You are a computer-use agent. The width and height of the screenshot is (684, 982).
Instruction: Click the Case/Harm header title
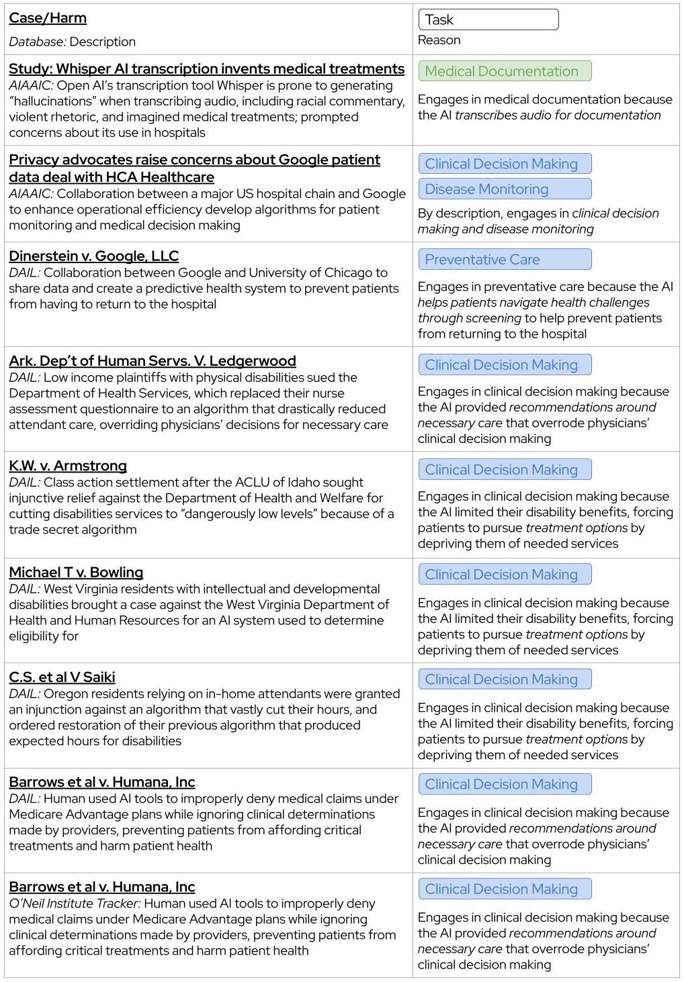tap(48, 18)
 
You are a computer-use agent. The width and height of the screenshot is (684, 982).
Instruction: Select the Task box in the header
tap(488, 19)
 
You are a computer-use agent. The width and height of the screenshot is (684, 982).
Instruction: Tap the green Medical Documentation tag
tap(504, 71)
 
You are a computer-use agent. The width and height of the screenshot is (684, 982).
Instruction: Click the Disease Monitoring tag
tap(504, 189)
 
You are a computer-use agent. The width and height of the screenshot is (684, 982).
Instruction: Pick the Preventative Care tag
tap(504, 260)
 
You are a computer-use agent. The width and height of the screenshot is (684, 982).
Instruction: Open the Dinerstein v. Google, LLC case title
tap(94, 256)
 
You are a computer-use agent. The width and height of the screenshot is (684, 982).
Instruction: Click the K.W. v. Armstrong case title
tap(68, 466)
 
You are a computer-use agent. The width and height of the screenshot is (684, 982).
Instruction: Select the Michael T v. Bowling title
tap(76, 573)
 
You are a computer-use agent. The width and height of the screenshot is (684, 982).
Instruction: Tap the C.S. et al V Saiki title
tap(62, 677)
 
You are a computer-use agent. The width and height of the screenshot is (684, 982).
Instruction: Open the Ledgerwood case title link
tap(153, 361)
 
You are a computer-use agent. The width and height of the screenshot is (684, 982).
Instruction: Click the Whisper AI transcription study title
tap(207, 69)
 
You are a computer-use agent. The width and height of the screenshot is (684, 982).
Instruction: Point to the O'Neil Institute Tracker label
tap(74, 903)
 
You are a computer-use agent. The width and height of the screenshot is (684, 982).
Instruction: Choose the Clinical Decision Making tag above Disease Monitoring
tap(504, 164)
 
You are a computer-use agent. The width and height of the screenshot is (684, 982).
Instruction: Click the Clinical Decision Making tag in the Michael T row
tap(504, 575)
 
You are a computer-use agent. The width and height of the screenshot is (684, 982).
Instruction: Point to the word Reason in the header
tap(439, 40)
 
